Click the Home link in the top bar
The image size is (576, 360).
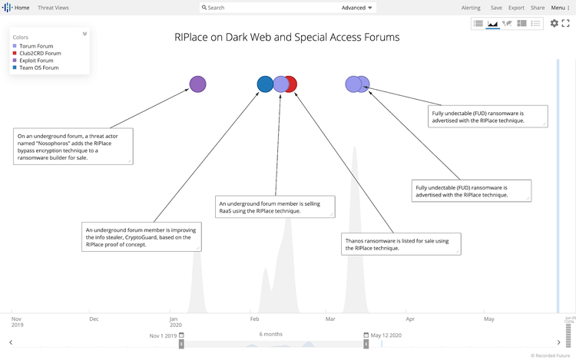point(22,8)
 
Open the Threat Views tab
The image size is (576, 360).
point(53,8)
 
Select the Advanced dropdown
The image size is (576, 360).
point(357,8)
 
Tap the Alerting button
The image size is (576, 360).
point(471,8)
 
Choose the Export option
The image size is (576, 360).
point(516,8)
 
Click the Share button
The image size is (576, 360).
point(538,8)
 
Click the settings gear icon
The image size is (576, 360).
point(554,24)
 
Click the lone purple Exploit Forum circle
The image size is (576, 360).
point(197,84)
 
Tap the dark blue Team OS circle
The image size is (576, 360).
point(264,84)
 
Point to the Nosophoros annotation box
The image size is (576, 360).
point(73,146)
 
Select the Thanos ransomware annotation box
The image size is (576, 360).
point(401,243)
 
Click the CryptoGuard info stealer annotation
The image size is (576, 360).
point(141,236)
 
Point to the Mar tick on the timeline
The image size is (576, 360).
point(330,319)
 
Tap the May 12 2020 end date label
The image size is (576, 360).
point(386,335)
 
